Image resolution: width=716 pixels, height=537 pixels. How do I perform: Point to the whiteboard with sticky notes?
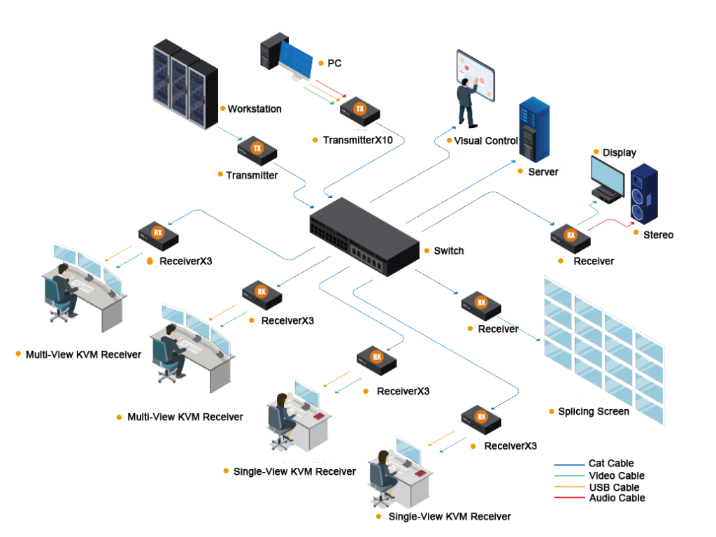point(476,76)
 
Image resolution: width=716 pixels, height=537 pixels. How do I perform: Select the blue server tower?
point(534,130)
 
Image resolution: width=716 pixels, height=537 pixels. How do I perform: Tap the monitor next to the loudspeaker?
point(607,178)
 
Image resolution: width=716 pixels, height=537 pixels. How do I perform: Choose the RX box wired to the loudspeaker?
point(571,237)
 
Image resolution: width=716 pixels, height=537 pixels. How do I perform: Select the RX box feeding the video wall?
point(481,305)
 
